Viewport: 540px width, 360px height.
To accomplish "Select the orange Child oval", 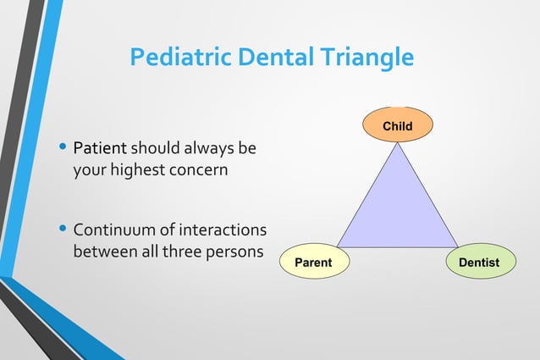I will pyautogui.click(x=398, y=126).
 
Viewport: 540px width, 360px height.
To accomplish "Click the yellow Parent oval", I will pyautogui.click(x=312, y=263).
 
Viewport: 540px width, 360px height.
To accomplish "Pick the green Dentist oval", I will pyautogui.click(x=479, y=263).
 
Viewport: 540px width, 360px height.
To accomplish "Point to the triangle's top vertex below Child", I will pyautogui.click(x=397, y=144).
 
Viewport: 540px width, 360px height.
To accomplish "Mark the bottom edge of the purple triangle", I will pyautogui.click(x=397, y=247).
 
